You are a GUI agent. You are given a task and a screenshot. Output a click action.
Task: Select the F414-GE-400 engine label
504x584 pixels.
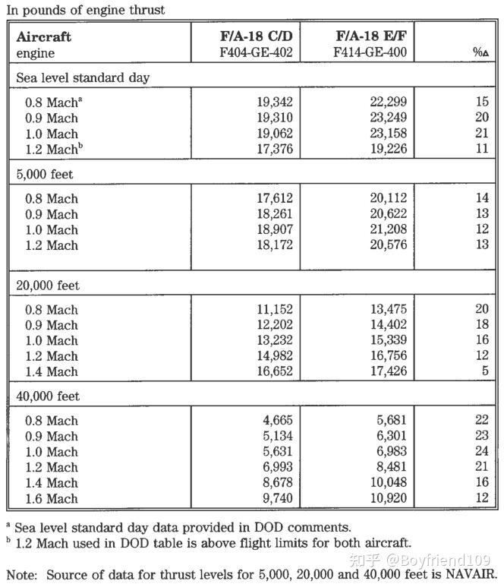[x=370, y=53]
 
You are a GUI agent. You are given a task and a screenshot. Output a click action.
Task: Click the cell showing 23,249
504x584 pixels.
[x=387, y=118]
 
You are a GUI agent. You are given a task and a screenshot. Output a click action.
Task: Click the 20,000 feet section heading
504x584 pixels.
[x=47, y=286]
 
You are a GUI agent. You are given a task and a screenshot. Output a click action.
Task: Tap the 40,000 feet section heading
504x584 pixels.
[x=47, y=396]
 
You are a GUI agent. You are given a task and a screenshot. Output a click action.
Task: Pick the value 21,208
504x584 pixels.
[x=387, y=229]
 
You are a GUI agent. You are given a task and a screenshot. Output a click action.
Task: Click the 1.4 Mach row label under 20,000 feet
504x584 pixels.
[x=52, y=372]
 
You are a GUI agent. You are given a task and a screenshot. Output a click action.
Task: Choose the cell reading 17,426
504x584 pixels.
[x=387, y=372]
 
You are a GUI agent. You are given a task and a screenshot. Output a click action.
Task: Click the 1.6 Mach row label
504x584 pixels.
[x=52, y=499]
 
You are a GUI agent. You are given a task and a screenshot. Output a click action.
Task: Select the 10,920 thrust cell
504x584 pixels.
[x=387, y=499]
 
